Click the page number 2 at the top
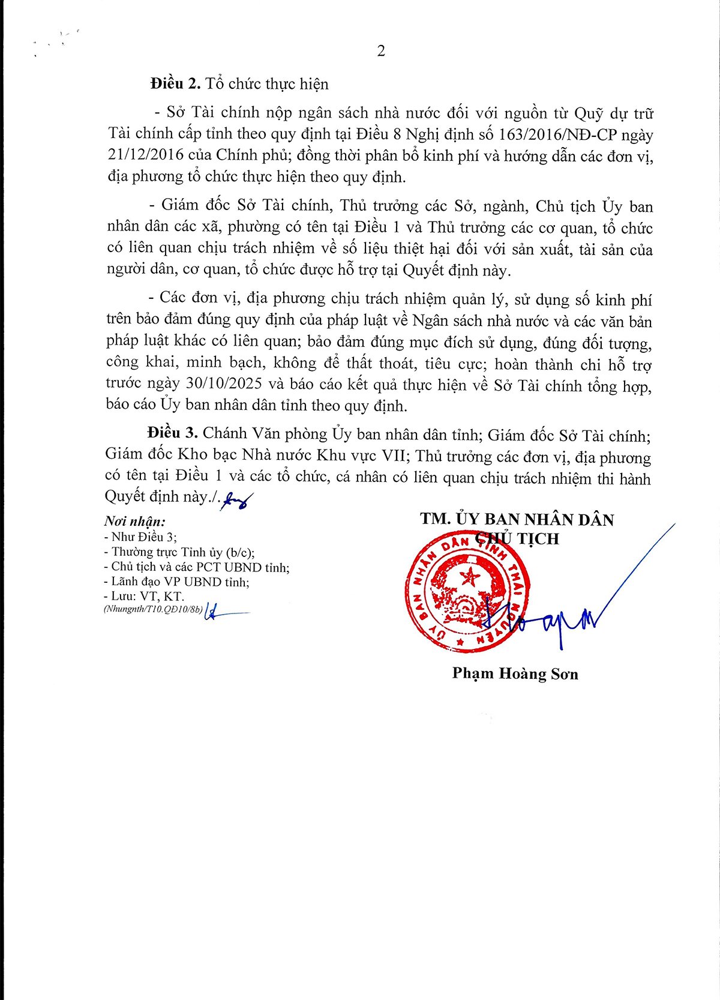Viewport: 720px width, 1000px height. point(381,51)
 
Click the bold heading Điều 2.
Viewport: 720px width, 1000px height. point(175,83)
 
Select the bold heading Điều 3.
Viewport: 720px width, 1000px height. point(172,433)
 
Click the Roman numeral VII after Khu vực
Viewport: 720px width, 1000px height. point(392,456)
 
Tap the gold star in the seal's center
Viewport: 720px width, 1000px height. point(470,578)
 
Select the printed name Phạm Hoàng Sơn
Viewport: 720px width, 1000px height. point(515,673)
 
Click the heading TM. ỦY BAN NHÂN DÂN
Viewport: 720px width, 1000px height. point(517,519)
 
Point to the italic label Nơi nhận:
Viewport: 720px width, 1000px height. point(134,521)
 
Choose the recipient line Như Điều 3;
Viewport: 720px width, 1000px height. point(141,537)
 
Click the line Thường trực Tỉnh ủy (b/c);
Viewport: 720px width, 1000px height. point(179,552)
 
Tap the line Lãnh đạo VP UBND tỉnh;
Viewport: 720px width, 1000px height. point(176,582)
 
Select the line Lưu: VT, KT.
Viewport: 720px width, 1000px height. point(144,597)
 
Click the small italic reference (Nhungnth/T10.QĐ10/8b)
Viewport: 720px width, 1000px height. point(153,610)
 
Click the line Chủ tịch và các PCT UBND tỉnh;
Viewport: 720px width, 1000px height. point(196,567)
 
